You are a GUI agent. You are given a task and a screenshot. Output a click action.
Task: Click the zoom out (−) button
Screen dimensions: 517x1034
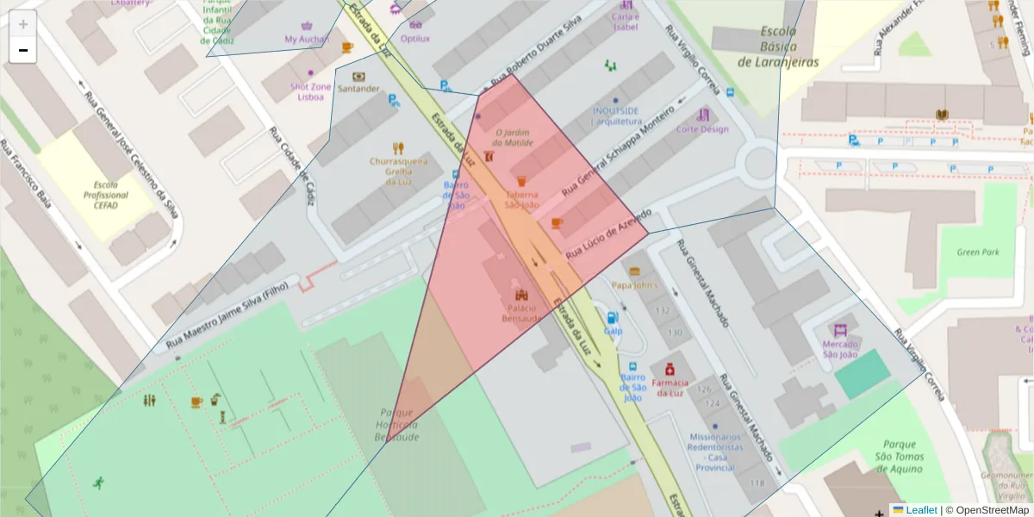[x=23, y=50]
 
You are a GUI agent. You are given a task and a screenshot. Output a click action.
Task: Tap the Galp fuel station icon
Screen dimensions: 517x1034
[x=613, y=317]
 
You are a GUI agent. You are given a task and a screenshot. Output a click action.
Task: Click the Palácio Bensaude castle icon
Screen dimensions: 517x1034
[x=521, y=295]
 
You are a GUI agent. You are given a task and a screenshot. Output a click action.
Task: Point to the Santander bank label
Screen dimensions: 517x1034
[x=358, y=88]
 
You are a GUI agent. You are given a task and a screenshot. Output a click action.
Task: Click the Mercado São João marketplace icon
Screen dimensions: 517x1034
[x=840, y=330]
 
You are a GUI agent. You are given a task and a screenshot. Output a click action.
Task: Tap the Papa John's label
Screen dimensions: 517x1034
[x=634, y=285]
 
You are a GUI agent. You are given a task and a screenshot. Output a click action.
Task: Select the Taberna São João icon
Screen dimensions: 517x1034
[x=521, y=181]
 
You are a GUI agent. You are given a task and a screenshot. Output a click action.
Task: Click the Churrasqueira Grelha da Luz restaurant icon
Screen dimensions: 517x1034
[x=397, y=147]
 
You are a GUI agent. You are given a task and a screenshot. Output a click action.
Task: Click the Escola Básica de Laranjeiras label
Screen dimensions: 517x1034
[x=778, y=47]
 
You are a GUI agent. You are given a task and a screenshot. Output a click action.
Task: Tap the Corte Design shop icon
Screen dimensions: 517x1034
[x=703, y=115]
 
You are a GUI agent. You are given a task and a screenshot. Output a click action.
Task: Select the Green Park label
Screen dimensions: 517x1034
[x=977, y=252]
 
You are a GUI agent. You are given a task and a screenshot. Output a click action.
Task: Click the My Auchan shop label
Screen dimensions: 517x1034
[x=308, y=40]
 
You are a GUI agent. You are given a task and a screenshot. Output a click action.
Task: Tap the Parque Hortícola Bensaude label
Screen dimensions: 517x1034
[x=396, y=425]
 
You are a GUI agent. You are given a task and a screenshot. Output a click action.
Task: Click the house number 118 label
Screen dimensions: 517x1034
[x=757, y=483]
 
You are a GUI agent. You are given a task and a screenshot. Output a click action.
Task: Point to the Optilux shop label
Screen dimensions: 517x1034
[x=415, y=39]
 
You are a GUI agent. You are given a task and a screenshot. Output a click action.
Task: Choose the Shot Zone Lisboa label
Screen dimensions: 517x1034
[x=310, y=91]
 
